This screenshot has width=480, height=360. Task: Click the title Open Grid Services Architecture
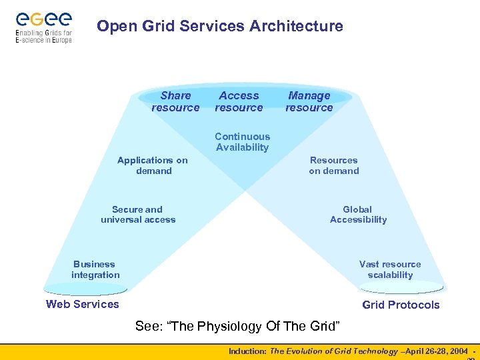[220, 27]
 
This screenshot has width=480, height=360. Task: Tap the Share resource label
[175, 101]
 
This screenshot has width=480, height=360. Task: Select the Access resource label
[239, 101]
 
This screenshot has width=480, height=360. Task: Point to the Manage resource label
[309, 101]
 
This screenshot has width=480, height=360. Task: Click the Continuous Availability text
[242, 142]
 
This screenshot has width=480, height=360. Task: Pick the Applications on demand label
[153, 165]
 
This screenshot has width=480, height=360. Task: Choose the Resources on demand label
[333, 165]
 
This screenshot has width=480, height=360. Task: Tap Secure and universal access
[138, 214]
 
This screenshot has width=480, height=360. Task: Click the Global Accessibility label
[358, 214]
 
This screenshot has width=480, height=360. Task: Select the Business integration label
[95, 269]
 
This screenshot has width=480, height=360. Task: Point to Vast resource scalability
[390, 269]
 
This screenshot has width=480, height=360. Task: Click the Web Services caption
[82, 305]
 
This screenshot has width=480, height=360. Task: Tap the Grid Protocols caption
[401, 305]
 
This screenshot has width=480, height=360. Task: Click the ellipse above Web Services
[85, 289]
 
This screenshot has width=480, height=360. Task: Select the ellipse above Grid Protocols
[400, 287]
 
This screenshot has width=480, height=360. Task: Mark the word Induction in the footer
[247, 351]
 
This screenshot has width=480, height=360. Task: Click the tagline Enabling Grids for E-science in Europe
[43, 36]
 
